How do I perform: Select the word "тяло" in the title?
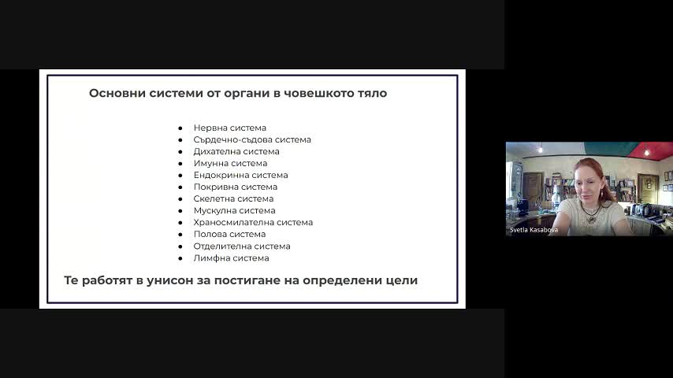pyautogui.click(x=373, y=93)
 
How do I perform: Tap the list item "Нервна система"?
pyautogui.click(x=229, y=128)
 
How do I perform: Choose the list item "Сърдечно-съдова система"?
pyautogui.click(x=252, y=140)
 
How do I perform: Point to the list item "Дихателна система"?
pyautogui.click(x=236, y=151)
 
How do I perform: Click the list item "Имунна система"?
pyautogui.click(x=230, y=164)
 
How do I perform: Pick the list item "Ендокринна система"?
pyautogui.click(x=240, y=175)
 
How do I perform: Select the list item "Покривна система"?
pyautogui.click(x=235, y=187)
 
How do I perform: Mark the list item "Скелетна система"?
pyautogui.click(x=233, y=198)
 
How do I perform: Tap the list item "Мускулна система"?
pyautogui.click(x=234, y=211)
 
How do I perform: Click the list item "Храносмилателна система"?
pyautogui.click(x=253, y=222)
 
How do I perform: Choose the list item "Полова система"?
pyautogui.click(x=229, y=234)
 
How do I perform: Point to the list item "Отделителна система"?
pyautogui.click(x=242, y=246)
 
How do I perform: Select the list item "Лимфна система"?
pyautogui.click(x=231, y=258)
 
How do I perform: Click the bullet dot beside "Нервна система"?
pyautogui.click(x=180, y=128)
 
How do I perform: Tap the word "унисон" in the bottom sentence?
pyautogui.click(x=169, y=280)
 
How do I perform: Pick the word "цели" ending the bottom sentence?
pyautogui.click(x=404, y=280)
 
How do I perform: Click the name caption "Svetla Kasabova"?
pyautogui.click(x=534, y=230)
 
